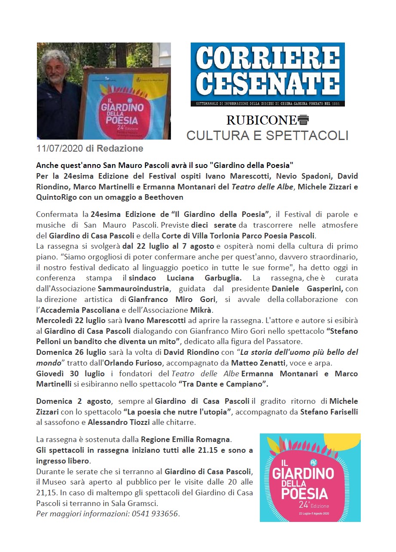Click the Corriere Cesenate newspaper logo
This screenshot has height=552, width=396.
268,74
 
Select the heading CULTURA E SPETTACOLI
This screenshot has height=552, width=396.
267,135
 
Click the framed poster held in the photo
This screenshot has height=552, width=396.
121,103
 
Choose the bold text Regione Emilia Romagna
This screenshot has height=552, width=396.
186,439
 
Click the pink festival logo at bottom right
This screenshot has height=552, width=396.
310,477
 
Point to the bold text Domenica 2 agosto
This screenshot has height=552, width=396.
73,401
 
